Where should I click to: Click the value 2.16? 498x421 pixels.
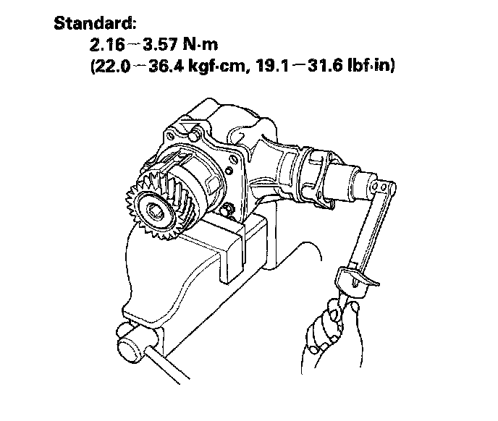tap(106, 44)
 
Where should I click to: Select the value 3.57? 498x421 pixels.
tap(160, 44)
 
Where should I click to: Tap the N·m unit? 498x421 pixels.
tap(201, 44)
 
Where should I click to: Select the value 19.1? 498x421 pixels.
tap(273, 66)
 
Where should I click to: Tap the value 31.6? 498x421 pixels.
tap(325, 66)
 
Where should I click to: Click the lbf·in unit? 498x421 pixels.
tap(369, 66)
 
